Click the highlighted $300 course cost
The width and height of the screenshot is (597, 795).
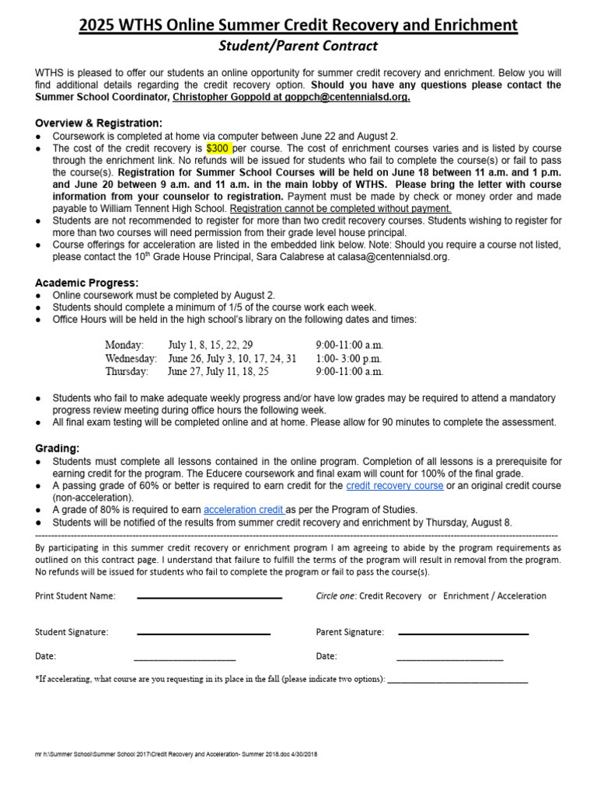click(x=218, y=148)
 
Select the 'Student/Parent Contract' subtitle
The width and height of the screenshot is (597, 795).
click(x=298, y=47)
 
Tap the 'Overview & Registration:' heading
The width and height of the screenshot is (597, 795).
click(x=99, y=123)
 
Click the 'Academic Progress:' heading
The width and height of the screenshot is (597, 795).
click(x=87, y=283)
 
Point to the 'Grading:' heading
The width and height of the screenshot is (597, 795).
click(x=58, y=449)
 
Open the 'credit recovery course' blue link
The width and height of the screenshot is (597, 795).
click(x=395, y=485)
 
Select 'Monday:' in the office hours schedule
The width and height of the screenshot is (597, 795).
click(x=124, y=344)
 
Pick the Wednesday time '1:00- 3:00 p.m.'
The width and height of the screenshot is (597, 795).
click(x=349, y=358)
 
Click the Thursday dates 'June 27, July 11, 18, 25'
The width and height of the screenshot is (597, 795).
click(x=218, y=372)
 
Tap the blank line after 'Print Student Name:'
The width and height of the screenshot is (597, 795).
click(x=209, y=597)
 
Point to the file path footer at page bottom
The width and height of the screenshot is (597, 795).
click(x=176, y=754)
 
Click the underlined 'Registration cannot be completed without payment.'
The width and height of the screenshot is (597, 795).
click(x=340, y=209)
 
